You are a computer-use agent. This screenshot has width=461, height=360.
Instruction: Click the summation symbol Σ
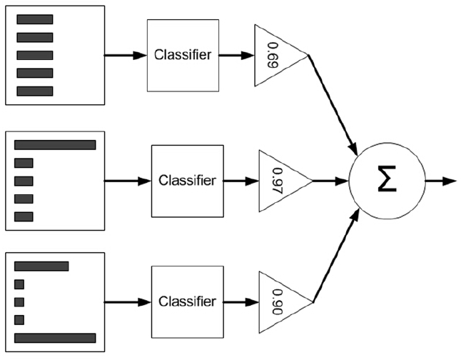pyautogui.click(x=387, y=181)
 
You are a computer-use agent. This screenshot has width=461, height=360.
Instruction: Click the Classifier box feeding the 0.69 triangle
pyautogui.click(x=182, y=55)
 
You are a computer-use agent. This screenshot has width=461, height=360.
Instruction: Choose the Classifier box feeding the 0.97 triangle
pyautogui.click(x=186, y=181)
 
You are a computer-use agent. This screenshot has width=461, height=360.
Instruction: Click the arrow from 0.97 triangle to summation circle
pyautogui.click(x=330, y=181)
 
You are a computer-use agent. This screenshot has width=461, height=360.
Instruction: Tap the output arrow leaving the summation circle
pyautogui.click(x=440, y=181)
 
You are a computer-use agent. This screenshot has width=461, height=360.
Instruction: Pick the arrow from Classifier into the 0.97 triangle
pyautogui.click(x=240, y=181)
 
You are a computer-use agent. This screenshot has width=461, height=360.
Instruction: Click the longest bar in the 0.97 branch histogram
pyautogui.click(x=55, y=145)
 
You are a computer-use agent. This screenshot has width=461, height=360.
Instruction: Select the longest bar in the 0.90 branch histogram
pyautogui.click(x=55, y=338)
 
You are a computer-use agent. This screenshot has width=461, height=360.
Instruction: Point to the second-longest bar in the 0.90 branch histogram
pyautogui.click(x=41, y=266)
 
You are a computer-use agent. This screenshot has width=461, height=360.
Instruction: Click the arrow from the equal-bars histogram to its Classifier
pyautogui.click(x=125, y=55)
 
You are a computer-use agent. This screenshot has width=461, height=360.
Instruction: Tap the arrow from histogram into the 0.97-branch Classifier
pyautogui.click(x=128, y=181)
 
